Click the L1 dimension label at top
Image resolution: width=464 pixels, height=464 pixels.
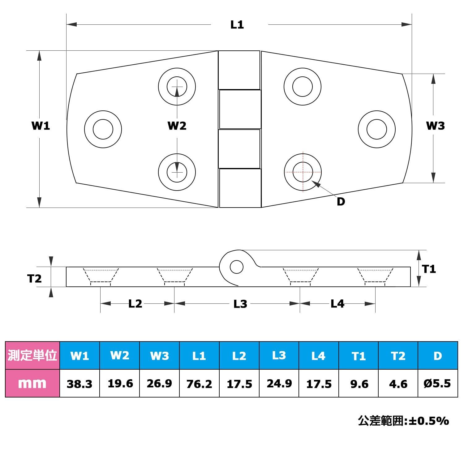[x=237, y=24]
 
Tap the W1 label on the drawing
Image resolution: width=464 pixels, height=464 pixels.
[x=41, y=126]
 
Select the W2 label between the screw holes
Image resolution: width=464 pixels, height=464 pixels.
[x=177, y=126]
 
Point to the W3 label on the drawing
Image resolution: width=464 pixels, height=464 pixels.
[x=435, y=126]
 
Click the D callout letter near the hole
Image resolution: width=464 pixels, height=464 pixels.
[x=341, y=202]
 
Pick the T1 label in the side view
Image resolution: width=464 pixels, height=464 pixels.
[x=429, y=269]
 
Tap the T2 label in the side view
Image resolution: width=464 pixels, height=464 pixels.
[x=34, y=279]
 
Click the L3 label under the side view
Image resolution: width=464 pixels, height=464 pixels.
[x=240, y=304]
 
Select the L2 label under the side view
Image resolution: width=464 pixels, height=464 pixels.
[x=135, y=304]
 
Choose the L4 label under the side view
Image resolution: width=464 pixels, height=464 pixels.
[x=337, y=304]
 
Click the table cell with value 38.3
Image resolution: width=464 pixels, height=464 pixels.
[x=79, y=383]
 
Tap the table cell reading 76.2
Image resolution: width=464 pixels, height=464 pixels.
[x=199, y=383]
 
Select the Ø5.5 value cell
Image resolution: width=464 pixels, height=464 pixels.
[x=438, y=383]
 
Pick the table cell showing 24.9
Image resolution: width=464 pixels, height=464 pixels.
[x=279, y=383]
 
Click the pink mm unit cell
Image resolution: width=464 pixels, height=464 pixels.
[x=32, y=383]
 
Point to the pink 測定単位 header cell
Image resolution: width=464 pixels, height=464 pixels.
[x=32, y=355]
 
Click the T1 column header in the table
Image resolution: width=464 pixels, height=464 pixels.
[x=359, y=355]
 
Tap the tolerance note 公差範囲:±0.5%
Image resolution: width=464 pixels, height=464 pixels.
[x=403, y=421]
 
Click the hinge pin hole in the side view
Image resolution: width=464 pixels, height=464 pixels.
[x=237, y=267]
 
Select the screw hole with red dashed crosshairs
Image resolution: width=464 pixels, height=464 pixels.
[x=303, y=172]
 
